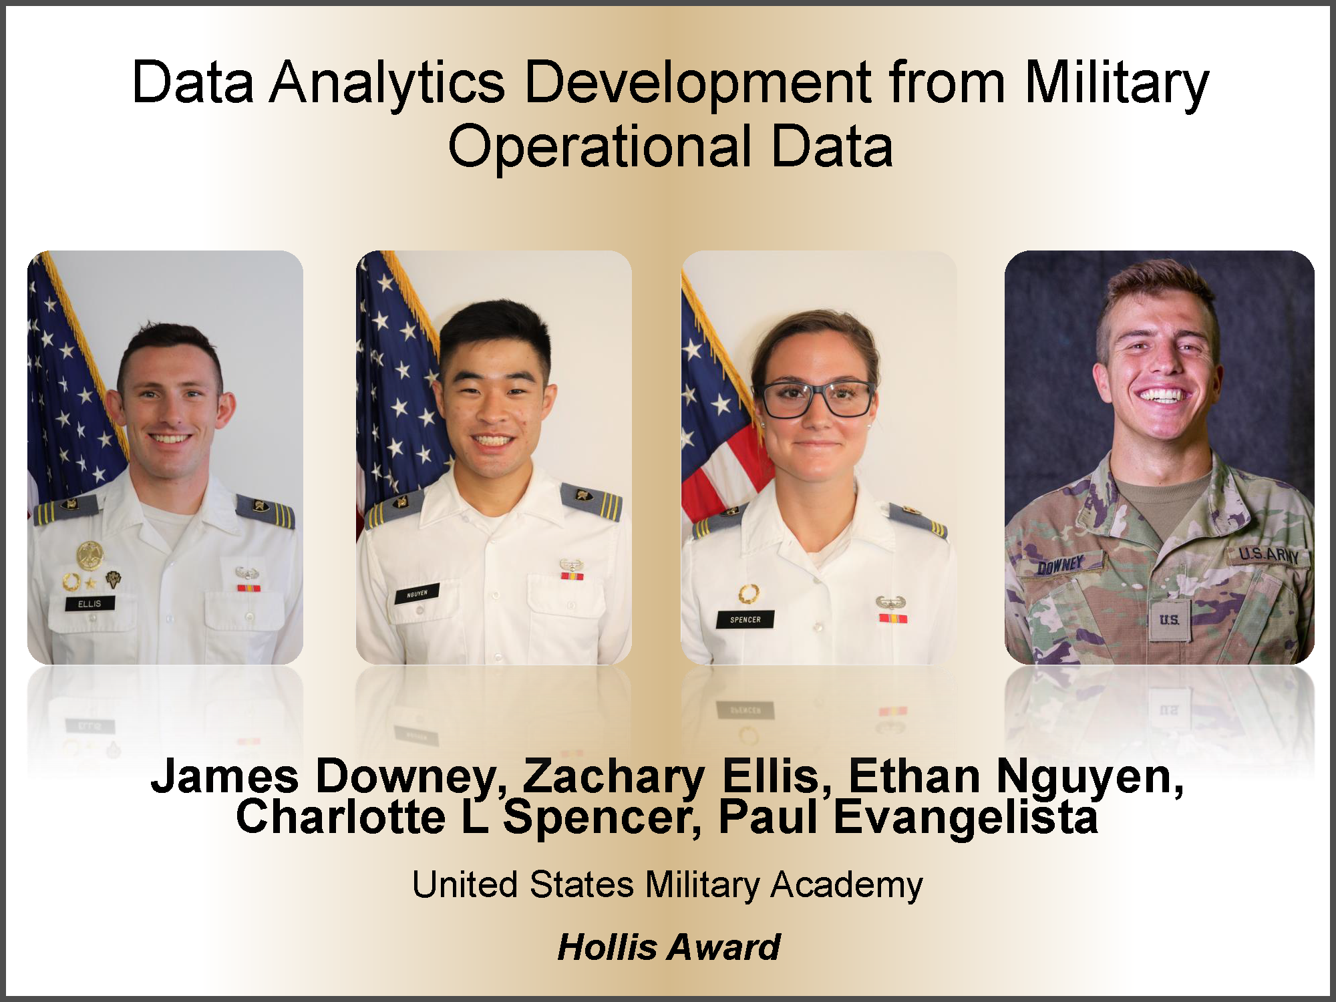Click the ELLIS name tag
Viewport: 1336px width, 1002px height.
pyautogui.click(x=90, y=604)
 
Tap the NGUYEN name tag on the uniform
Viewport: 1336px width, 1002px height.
pyautogui.click(x=417, y=593)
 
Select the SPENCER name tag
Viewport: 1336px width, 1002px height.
pyautogui.click(x=745, y=619)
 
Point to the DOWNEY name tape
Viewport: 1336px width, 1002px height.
pyautogui.click(x=1060, y=565)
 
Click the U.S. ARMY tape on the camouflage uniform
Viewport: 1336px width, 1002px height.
pyautogui.click(x=1269, y=554)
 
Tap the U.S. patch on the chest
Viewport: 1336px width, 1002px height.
pyautogui.click(x=1169, y=620)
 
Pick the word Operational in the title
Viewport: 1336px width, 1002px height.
pyautogui.click(x=600, y=146)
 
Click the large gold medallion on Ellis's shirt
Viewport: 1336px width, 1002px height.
pyautogui.click(x=90, y=555)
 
